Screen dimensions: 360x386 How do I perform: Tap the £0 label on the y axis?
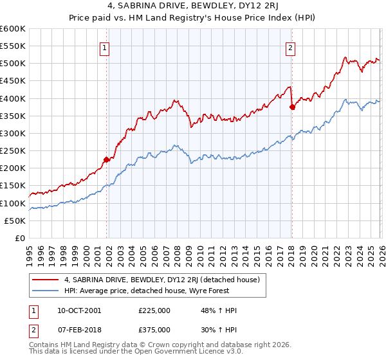(x=19, y=239)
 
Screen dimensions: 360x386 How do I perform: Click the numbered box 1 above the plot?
(x=104, y=47)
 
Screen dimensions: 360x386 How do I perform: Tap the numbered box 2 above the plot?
(x=290, y=47)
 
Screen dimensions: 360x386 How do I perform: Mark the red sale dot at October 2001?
(x=107, y=159)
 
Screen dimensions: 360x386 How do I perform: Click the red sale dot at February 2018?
(x=292, y=107)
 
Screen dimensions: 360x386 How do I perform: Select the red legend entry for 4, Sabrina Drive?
(x=161, y=280)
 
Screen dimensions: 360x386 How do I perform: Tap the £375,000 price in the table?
(x=154, y=330)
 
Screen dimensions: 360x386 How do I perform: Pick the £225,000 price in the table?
(x=154, y=310)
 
